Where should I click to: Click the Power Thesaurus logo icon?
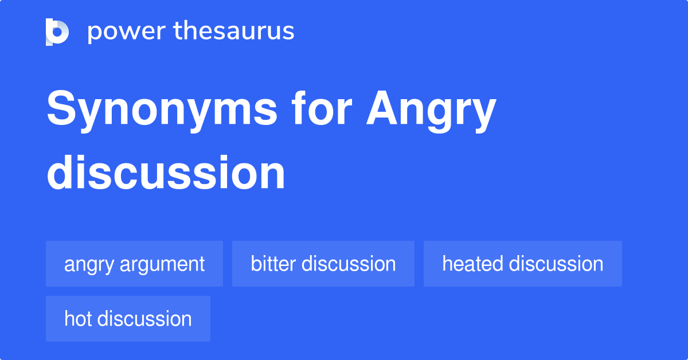pyautogui.click(x=57, y=32)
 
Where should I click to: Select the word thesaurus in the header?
pyautogui.click(x=234, y=31)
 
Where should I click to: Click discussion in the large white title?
pyautogui.click(x=166, y=173)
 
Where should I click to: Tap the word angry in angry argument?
pyautogui.click(x=89, y=265)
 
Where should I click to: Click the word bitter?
pyautogui.click(x=273, y=264)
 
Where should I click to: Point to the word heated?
pyautogui.click(x=472, y=264)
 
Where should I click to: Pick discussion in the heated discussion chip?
pyautogui.click(x=556, y=264)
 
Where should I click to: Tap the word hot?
pyautogui.click(x=78, y=319)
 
